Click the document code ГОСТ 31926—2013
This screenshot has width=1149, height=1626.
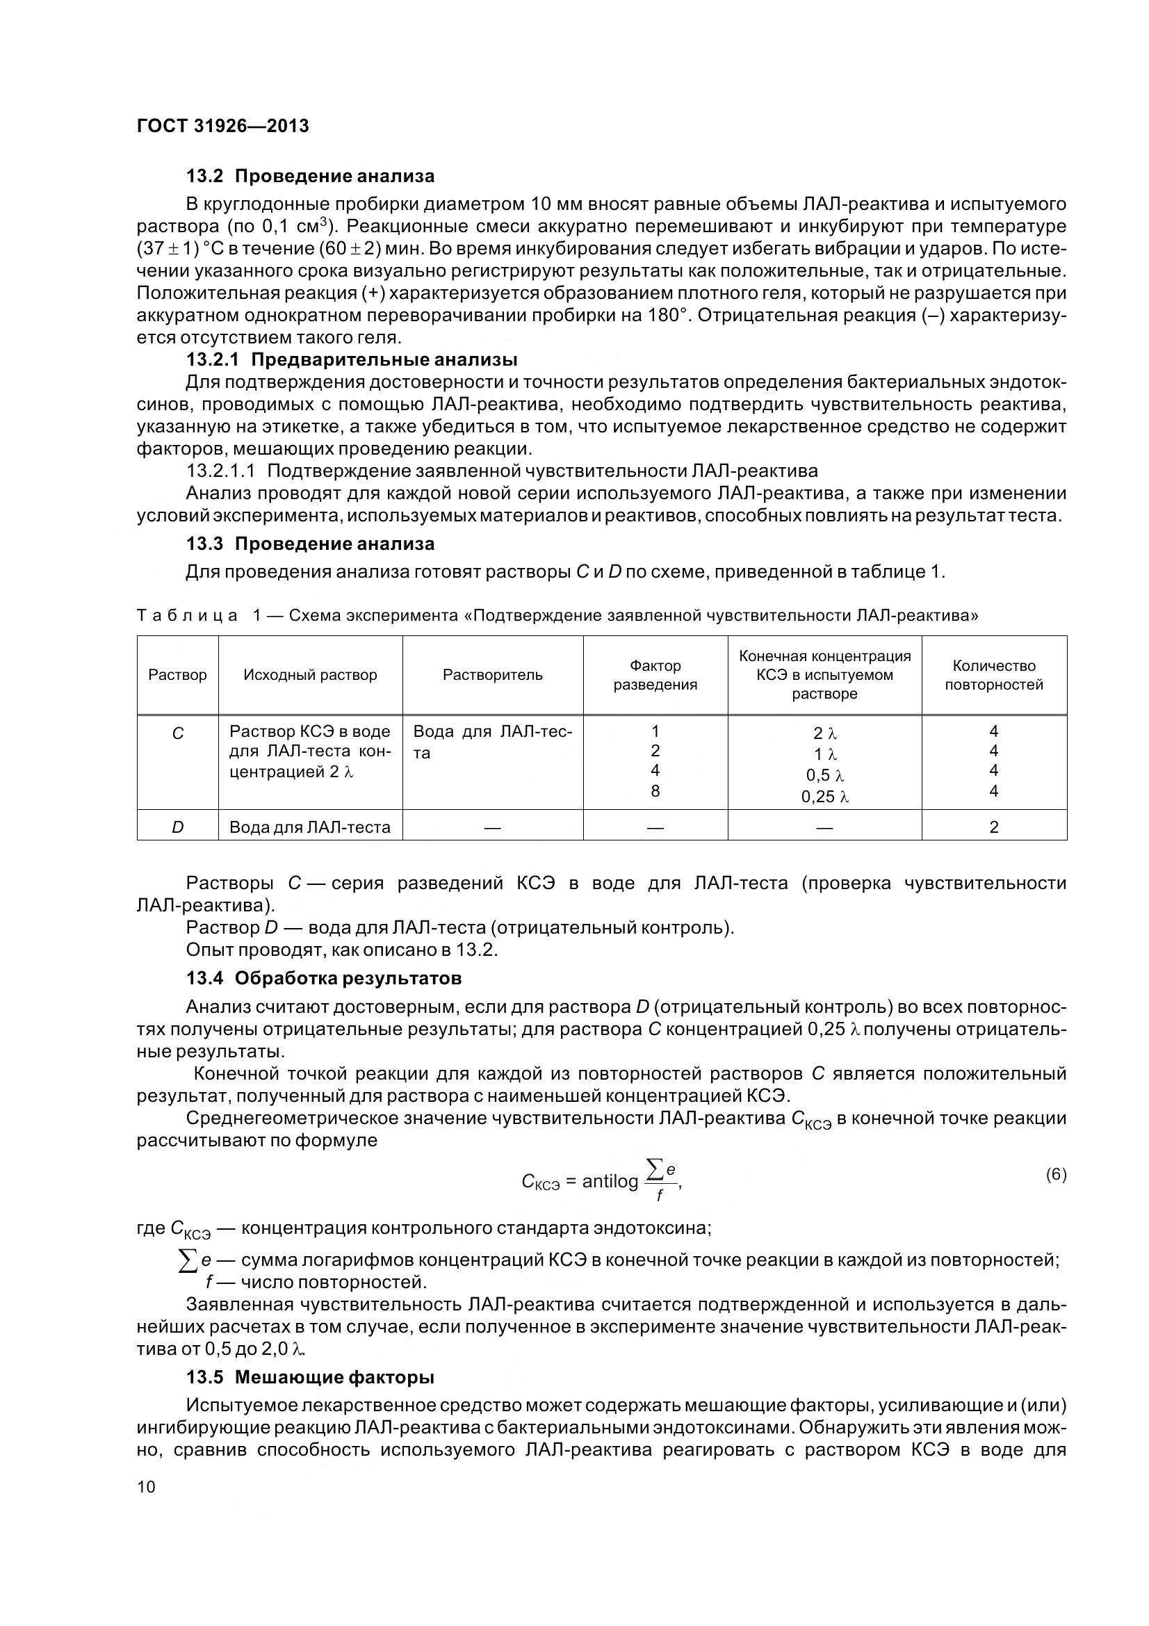pyautogui.click(x=222, y=126)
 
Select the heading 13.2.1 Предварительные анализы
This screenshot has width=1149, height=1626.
pyautogui.click(x=351, y=360)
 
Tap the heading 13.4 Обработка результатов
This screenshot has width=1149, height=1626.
pyautogui.click(x=323, y=978)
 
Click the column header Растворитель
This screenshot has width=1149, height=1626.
pyautogui.click(x=492, y=675)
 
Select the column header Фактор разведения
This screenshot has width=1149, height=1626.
pyautogui.click(x=655, y=675)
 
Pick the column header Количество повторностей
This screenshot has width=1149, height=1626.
pyautogui.click(x=993, y=675)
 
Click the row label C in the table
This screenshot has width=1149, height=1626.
pyautogui.click(x=177, y=733)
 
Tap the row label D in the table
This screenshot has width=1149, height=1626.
pyautogui.click(x=177, y=827)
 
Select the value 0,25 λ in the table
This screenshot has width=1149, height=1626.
pyautogui.click(x=825, y=797)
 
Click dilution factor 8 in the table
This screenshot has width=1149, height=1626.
pyautogui.click(x=655, y=790)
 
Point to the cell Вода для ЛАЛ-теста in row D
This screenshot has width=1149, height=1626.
pyautogui.click(x=309, y=827)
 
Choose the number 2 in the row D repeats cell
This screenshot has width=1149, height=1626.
pyautogui.click(x=993, y=827)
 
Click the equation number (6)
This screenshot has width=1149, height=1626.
pyautogui.click(x=1056, y=1175)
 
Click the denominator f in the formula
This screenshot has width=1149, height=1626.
pyautogui.click(x=659, y=1196)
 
